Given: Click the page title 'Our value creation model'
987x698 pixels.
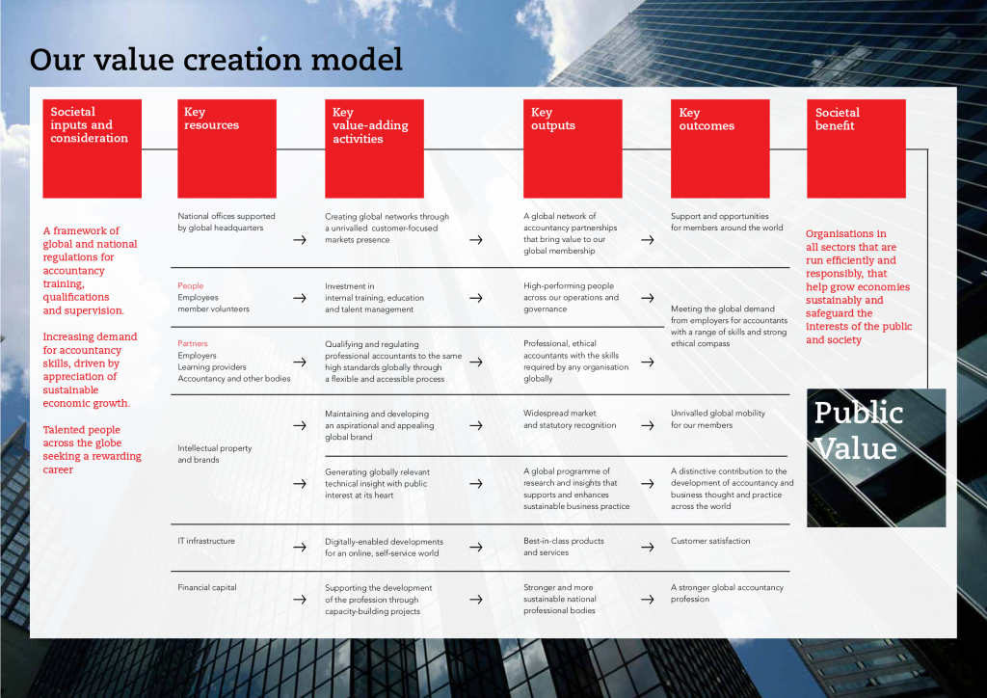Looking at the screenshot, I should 216,60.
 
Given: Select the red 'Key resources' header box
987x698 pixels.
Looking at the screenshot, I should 227,148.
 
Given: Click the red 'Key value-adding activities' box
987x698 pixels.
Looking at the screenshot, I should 374,148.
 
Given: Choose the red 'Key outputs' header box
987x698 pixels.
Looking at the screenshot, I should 572,148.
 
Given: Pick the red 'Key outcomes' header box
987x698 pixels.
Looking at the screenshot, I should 720,148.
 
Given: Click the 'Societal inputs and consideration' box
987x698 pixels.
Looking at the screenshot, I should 92,148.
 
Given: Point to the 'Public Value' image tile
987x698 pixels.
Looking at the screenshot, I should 875,457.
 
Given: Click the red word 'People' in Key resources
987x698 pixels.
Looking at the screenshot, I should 191,286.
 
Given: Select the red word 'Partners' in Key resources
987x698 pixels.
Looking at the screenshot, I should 193,344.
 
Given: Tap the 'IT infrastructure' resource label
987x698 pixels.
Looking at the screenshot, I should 206,541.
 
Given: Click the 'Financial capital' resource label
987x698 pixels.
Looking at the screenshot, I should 207,587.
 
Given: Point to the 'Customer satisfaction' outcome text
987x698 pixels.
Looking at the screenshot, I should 710,541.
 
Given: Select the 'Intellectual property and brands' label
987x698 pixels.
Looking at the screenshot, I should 215,454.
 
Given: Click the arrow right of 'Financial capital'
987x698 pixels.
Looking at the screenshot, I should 300,599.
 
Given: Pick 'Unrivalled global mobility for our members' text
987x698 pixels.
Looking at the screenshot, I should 718,419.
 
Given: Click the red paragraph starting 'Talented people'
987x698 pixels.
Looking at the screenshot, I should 92,449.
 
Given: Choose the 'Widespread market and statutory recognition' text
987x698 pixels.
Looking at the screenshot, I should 570,419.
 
